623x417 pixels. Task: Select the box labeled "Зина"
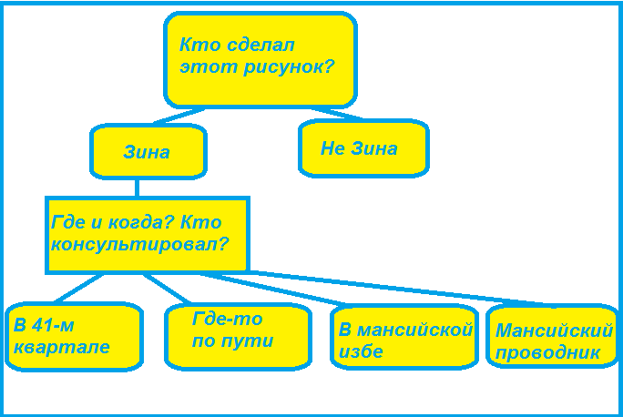coord(148,151)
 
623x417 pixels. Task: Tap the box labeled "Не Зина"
coord(363,147)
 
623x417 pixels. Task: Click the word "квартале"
coord(61,347)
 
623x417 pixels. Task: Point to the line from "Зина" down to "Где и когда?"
coord(137,187)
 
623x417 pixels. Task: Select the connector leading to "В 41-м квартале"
coord(77,289)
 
